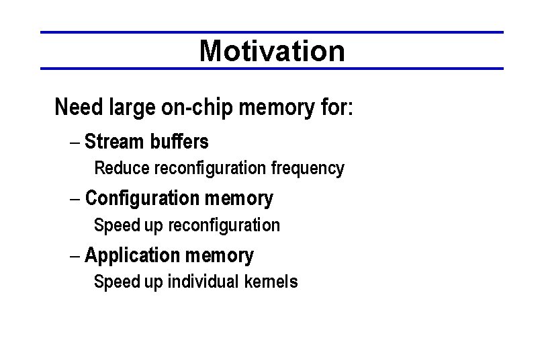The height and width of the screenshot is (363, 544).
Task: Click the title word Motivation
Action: click(272, 50)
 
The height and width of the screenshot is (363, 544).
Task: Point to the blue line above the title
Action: click(272, 32)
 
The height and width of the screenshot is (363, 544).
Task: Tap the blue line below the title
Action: click(272, 69)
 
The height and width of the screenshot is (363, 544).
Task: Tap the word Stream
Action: click(114, 143)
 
